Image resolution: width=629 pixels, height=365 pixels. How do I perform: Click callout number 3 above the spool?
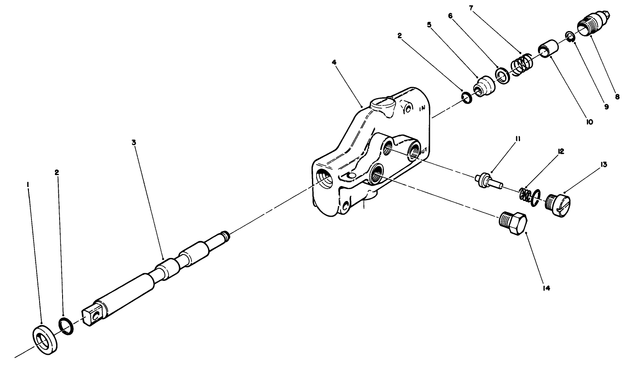(134, 143)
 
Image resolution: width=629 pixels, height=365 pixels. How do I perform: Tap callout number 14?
(546, 288)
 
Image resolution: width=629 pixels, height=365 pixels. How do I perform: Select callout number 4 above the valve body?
(335, 62)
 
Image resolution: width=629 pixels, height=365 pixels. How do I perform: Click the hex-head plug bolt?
(512, 224)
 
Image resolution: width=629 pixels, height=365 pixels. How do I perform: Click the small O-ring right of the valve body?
(466, 99)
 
